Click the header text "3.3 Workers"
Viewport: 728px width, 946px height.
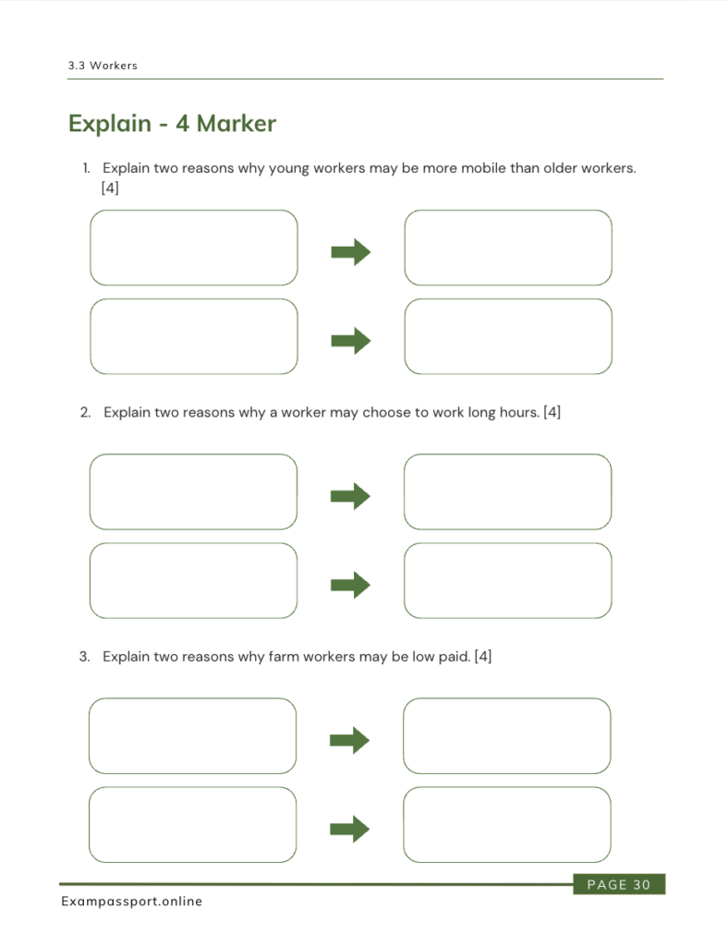103,66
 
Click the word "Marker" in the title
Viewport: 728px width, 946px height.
237,123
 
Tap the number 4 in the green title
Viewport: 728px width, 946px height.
182,124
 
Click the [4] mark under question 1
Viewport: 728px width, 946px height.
110,188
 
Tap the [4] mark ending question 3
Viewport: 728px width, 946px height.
482,657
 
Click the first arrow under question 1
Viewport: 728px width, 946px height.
351,251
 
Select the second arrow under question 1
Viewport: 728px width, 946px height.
351,341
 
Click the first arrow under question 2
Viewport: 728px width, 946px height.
350,496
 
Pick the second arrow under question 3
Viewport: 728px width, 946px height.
350,829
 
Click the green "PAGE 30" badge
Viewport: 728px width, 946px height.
619,884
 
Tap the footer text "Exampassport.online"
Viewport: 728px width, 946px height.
131,902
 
